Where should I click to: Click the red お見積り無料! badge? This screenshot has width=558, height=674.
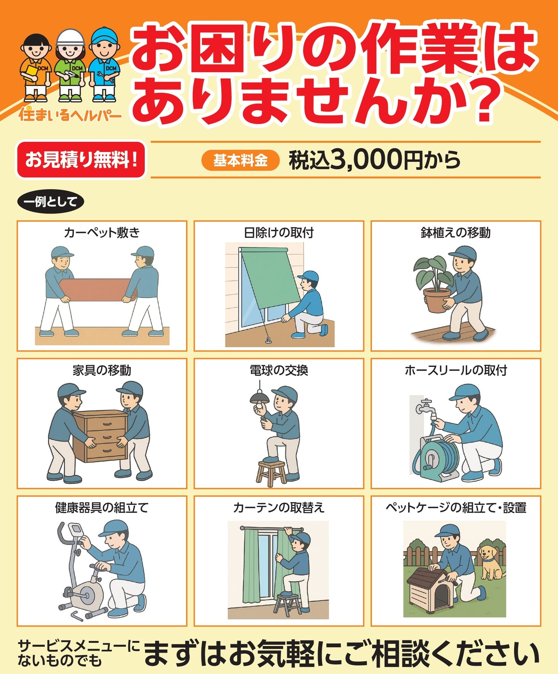click(x=81, y=159)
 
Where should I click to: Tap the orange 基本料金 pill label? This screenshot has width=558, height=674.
click(x=240, y=160)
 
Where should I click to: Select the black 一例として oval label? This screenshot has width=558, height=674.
click(x=51, y=202)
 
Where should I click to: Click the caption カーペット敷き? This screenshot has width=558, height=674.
click(x=102, y=233)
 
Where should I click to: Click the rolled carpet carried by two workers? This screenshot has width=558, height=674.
click(x=97, y=290)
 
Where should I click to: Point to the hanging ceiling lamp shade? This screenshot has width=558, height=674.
click(x=259, y=397)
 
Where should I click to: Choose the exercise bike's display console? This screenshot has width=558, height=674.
click(x=77, y=529)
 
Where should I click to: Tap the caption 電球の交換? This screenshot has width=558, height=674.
click(x=279, y=370)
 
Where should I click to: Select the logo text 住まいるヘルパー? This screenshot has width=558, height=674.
click(x=70, y=114)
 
